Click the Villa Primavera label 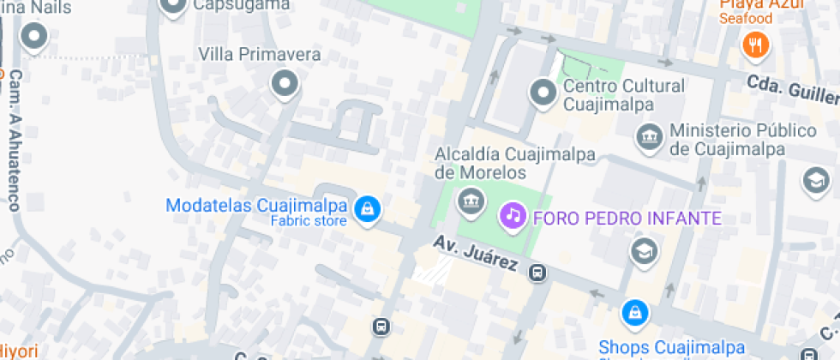(x=260, y=56)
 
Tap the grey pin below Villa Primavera (x=284, y=84)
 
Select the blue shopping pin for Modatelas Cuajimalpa (x=367, y=208)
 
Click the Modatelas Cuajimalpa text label (x=256, y=207)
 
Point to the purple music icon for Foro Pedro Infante (x=513, y=214)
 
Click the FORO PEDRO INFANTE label (x=627, y=218)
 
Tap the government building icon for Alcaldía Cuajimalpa (x=470, y=203)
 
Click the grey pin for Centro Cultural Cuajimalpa (x=543, y=93)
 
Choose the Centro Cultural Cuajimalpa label (x=623, y=95)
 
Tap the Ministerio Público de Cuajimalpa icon (x=649, y=135)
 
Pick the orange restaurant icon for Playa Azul (x=754, y=44)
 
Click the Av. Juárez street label (x=474, y=254)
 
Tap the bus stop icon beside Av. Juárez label (x=537, y=274)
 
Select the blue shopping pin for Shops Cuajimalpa (x=633, y=313)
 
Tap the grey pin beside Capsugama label (x=174, y=8)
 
